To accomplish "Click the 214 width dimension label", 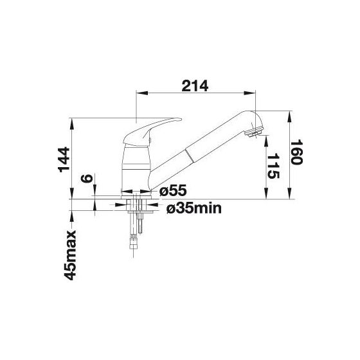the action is pos(195,86).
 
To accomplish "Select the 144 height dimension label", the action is pos(64,160).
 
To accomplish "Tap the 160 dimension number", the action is pos(296,152).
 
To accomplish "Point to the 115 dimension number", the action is pos(274,166).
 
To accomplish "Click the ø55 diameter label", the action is pos(173,190).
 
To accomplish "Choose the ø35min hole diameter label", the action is pos(194,208).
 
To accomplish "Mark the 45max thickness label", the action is pos(70,255).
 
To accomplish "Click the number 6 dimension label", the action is pos(87,178).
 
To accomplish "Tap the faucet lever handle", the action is pos(152,132).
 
